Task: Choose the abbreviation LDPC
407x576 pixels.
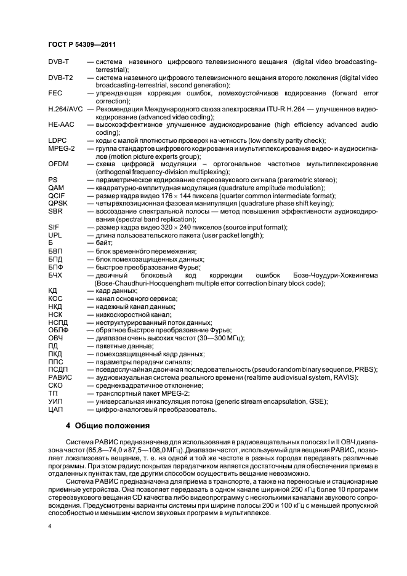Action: [57, 140]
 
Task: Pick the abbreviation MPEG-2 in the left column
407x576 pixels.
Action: [61, 148]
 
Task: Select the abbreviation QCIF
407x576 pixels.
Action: [56, 195]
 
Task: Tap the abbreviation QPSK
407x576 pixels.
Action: [57, 203]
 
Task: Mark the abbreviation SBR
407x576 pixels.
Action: [55, 211]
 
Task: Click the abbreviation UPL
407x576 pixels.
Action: [55, 235]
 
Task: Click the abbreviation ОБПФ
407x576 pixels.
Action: [58, 330]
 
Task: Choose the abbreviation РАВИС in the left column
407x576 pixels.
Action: [60, 378]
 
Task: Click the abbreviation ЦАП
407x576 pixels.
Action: [55, 409]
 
